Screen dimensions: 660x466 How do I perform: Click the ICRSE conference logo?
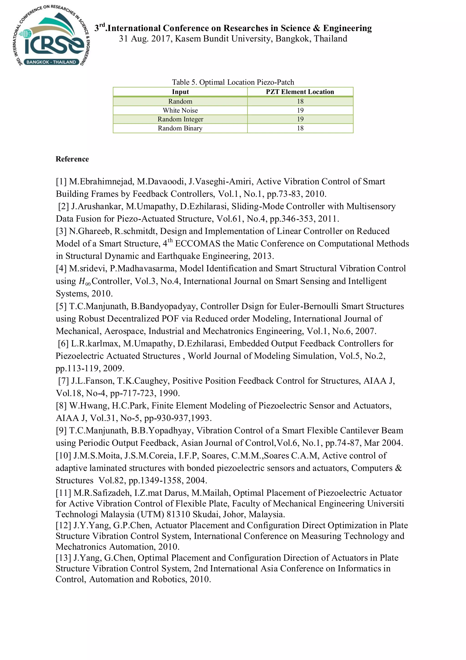[x=52, y=36]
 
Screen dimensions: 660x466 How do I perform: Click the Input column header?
[x=180, y=92]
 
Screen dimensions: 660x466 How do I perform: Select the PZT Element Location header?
[x=300, y=92]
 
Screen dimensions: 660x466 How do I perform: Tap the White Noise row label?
[x=180, y=110]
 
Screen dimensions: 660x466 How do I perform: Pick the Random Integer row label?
[x=180, y=119]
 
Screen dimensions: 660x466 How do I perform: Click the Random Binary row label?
[x=180, y=128]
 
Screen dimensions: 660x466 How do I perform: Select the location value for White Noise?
[x=300, y=110]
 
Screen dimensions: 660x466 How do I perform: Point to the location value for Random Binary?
[x=300, y=128]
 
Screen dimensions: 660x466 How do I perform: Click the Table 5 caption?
[x=233, y=82]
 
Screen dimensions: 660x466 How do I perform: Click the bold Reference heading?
[x=72, y=159]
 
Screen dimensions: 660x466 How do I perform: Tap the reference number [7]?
[x=63, y=381]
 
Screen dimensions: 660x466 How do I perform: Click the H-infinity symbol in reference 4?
[x=85, y=281]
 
